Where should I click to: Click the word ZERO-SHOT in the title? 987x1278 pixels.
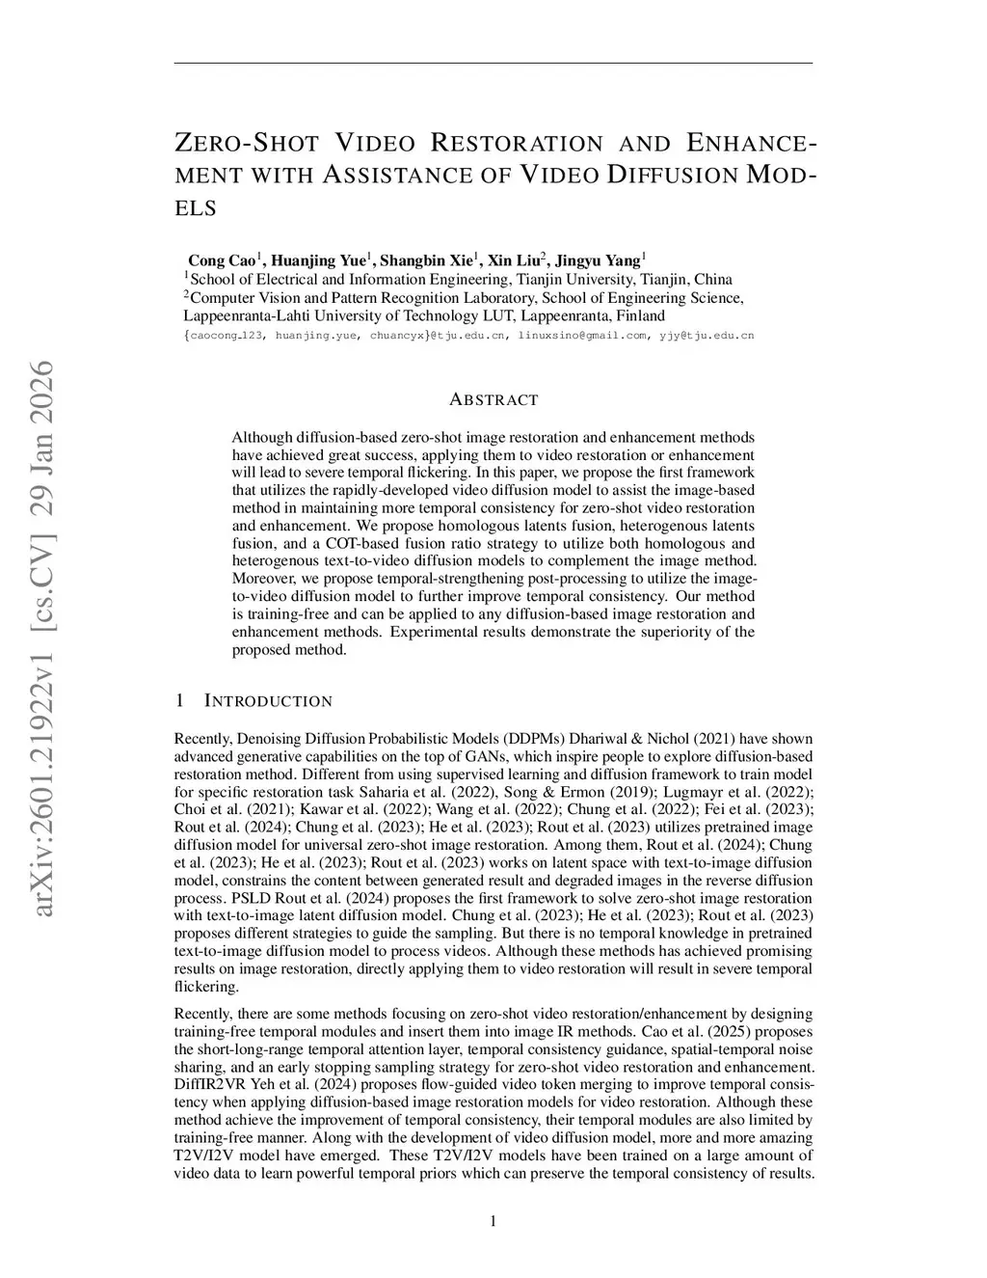tap(247, 145)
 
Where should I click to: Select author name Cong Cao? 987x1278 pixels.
tap(221, 260)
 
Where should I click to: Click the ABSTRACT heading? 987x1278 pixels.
tap(493, 399)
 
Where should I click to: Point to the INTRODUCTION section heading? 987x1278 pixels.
tap(268, 701)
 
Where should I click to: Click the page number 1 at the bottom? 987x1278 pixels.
tap(493, 1222)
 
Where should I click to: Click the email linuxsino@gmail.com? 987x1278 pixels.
tap(582, 336)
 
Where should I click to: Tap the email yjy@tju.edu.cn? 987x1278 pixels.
tap(707, 336)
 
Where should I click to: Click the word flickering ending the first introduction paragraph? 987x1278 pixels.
tap(206, 987)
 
